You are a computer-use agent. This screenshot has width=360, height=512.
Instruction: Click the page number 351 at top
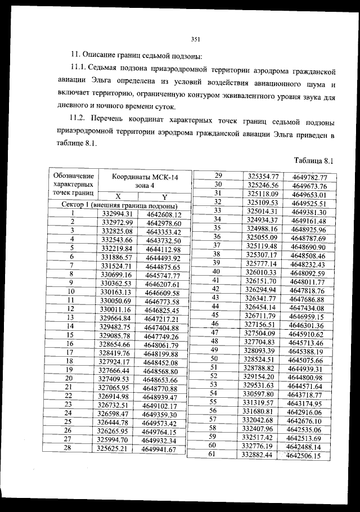coord(196,39)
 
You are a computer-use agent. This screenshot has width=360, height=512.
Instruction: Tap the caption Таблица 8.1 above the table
coord(314,160)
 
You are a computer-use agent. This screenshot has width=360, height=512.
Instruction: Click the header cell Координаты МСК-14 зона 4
coord(145,181)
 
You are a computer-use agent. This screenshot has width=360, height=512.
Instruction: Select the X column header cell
coord(118,196)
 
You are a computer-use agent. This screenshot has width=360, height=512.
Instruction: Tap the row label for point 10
coord(71,292)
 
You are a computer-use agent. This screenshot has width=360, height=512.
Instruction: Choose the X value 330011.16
coord(115,309)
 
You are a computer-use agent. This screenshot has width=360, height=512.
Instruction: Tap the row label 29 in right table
coord(219,176)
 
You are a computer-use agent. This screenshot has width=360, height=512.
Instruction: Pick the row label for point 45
coord(214,316)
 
